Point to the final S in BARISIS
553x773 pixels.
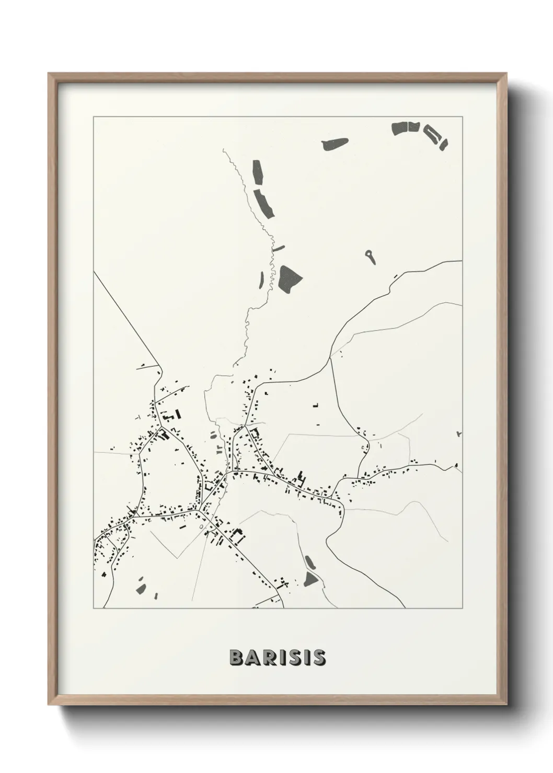(x=319, y=658)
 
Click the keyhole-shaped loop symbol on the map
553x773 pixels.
(x=370, y=255)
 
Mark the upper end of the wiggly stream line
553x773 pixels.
(x=223, y=149)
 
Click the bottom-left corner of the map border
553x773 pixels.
(x=94, y=608)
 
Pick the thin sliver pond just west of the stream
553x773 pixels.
(x=261, y=279)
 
